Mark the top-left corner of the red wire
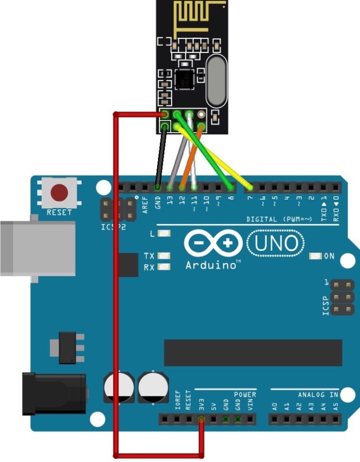[115, 114]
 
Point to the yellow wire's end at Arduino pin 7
[250, 187]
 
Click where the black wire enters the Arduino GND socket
[157, 187]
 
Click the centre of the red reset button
[59, 193]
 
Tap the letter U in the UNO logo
[261, 243]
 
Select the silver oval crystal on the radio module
[217, 81]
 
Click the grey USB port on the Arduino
[38, 248]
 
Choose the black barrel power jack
[54, 394]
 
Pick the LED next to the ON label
[315, 256]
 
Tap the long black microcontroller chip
[253, 353]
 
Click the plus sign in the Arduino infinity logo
[227, 243]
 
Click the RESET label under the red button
[59, 212]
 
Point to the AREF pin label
[145, 205]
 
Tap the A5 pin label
[335, 407]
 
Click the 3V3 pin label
[201, 405]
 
